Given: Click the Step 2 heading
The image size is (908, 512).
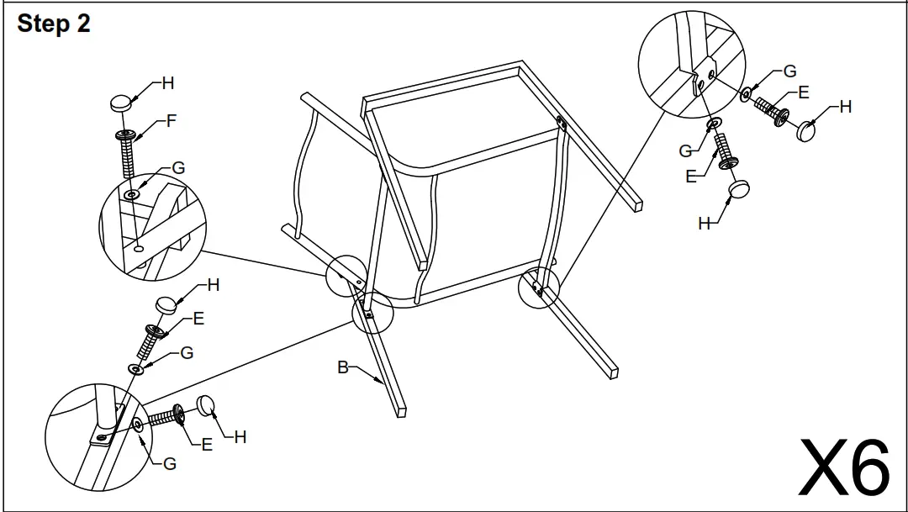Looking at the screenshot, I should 54,24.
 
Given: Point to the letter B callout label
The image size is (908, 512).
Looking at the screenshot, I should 343,367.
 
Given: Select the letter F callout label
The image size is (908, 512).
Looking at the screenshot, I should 172,121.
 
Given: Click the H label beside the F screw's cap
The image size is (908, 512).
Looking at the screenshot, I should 168,83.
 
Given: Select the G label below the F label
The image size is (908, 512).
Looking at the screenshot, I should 178,168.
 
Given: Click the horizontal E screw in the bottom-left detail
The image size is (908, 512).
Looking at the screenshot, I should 167,416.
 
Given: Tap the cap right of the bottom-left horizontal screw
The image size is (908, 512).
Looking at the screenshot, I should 207,406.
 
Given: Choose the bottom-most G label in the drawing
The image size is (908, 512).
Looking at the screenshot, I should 170,463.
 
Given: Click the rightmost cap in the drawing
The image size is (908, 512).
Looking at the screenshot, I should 807,131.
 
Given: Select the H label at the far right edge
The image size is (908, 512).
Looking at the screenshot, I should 845,107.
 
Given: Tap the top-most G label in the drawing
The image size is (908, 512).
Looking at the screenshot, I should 789,72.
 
